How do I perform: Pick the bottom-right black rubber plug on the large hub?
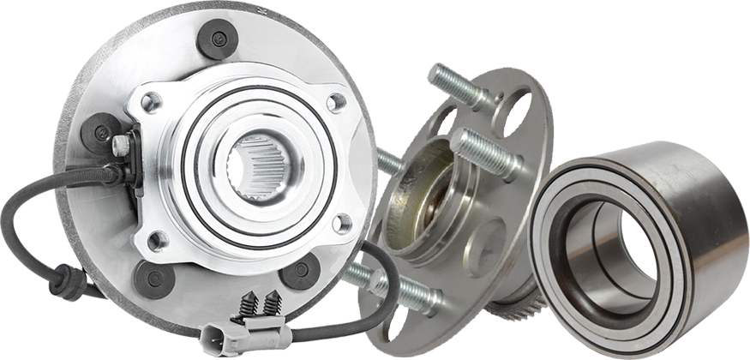302,272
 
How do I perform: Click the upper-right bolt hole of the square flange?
337,102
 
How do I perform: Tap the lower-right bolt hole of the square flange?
342,225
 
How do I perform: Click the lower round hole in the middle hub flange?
495,234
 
